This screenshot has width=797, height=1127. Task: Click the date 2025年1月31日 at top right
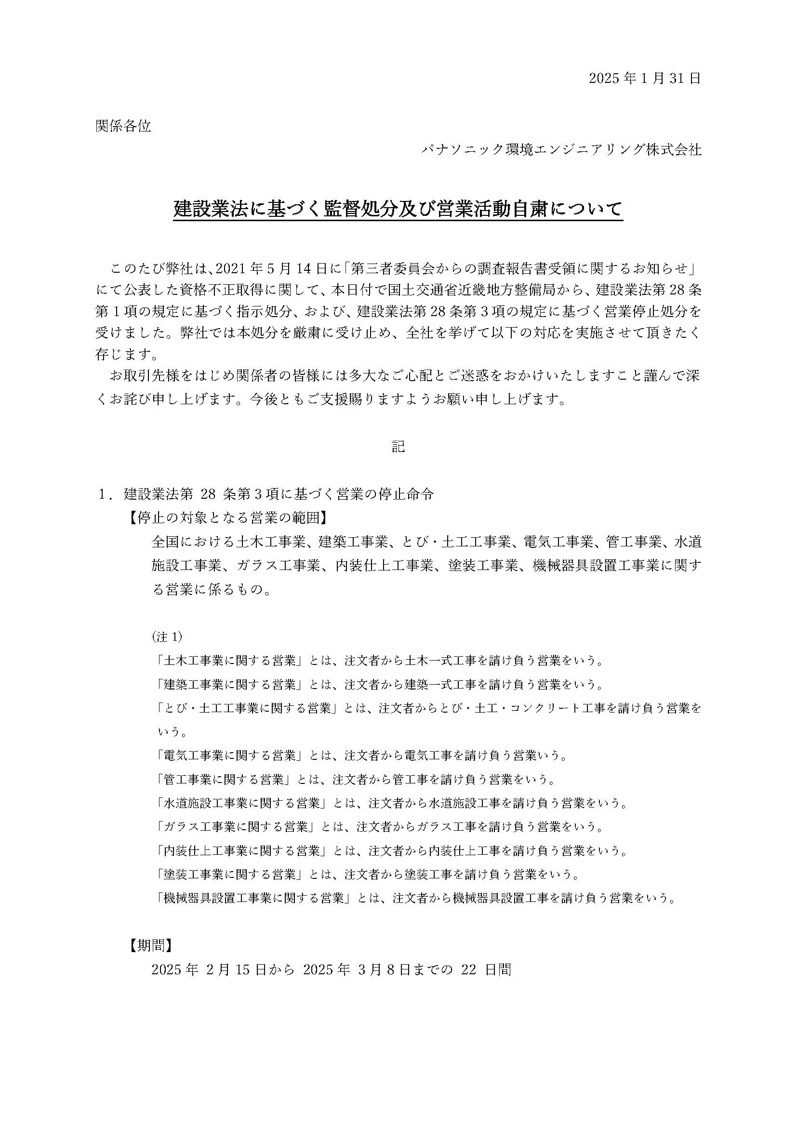(x=645, y=79)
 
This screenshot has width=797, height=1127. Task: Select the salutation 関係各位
(x=123, y=127)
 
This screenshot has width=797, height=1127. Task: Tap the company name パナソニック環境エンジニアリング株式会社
(x=561, y=150)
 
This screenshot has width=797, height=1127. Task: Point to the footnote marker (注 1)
(x=167, y=636)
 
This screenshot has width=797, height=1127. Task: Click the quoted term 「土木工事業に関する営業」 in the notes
(x=230, y=661)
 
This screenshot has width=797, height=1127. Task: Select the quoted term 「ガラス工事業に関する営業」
(x=236, y=827)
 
